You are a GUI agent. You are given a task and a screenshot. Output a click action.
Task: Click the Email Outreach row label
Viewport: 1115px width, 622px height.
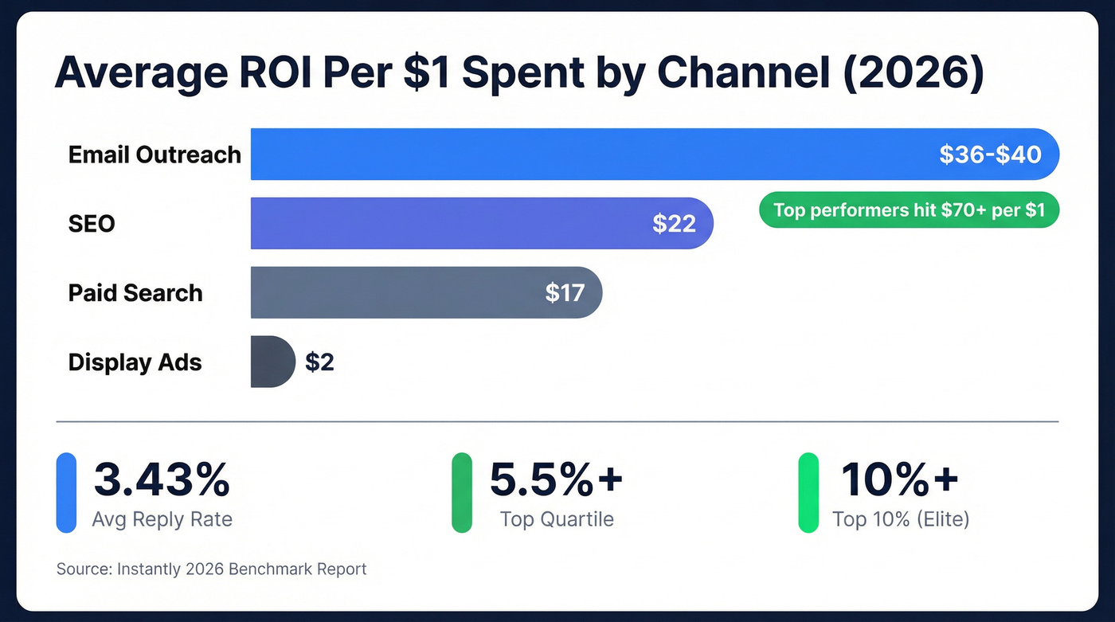(x=155, y=154)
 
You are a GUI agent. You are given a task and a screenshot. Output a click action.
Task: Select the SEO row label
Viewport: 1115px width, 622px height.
(x=92, y=224)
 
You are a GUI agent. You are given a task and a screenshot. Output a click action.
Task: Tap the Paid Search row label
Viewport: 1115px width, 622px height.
(x=135, y=293)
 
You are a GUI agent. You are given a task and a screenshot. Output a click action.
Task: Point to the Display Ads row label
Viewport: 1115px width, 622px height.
(x=135, y=362)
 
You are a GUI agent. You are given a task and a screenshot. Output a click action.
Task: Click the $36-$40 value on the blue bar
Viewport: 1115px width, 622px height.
(x=990, y=154)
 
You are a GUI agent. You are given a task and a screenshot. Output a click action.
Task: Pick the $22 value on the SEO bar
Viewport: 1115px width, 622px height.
(x=674, y=224)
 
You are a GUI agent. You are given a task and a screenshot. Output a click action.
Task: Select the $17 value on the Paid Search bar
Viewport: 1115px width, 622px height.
(x=565, y=293)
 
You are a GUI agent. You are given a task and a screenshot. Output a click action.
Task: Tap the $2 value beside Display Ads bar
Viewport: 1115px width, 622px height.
(x=319, y=362)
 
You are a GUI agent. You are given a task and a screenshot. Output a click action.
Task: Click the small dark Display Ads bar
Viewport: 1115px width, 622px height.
(x=272, y=362)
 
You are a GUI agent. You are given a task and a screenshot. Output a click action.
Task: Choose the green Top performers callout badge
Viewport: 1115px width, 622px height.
(x=909, y=210)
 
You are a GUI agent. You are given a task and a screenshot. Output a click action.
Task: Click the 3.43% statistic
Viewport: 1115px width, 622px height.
(x=162, y=479)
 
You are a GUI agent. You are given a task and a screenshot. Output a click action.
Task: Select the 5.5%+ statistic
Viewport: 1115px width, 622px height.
(x=556, y=479)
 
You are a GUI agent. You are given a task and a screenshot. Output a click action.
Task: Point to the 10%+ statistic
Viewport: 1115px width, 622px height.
(x=900, y=479)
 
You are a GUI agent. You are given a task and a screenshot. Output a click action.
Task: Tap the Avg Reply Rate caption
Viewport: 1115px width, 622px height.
(x=162, y=520)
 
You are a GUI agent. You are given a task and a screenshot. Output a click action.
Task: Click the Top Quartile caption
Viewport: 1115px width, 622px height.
(x=557, y=520)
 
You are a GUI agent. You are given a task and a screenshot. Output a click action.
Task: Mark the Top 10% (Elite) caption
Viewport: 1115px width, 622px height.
(x=901, y=520)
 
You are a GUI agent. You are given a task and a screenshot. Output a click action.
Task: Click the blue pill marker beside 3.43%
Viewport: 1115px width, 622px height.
(x=66, y=492)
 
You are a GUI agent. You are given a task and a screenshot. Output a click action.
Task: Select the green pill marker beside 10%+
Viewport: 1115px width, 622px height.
(x=808, y=492)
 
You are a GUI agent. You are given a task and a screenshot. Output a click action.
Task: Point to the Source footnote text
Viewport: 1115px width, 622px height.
(x=211, y=569)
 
